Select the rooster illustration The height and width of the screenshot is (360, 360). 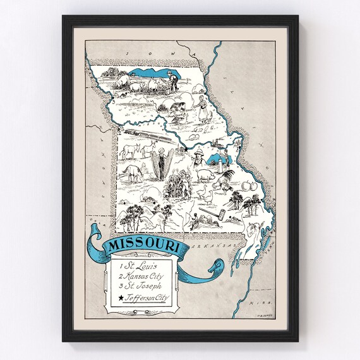click(x=224, y=181)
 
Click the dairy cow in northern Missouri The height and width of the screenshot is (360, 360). click(x=119, y=82)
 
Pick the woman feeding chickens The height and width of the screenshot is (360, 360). click(x=203, y=108)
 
